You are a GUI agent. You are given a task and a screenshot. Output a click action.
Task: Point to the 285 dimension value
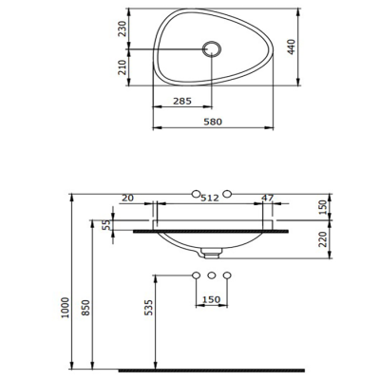tap(185, 100)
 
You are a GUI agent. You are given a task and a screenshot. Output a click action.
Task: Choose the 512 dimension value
tap(211, 198)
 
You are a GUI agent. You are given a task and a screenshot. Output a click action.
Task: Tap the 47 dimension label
tap(268, 198)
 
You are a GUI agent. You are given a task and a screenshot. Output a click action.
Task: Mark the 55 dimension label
tap(106, 226)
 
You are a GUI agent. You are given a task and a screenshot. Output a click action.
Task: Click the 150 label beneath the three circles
tap(211, 300)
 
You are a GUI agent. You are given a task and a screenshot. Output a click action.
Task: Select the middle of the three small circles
tap(212, 275)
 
